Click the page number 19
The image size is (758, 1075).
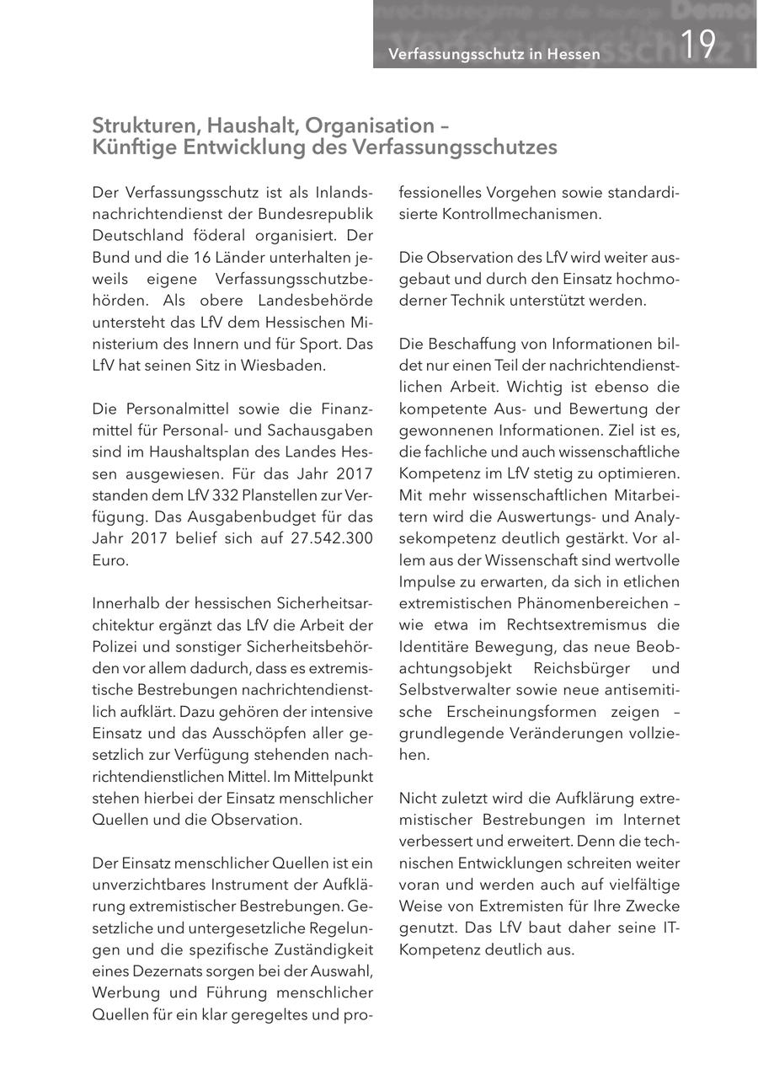point(697,45)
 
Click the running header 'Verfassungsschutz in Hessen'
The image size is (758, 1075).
point(494,55)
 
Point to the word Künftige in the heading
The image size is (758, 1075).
point(130,147)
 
